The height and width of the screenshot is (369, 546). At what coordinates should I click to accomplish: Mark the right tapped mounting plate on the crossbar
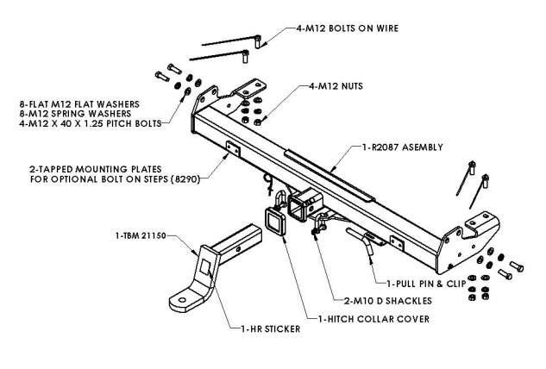(396, 243)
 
